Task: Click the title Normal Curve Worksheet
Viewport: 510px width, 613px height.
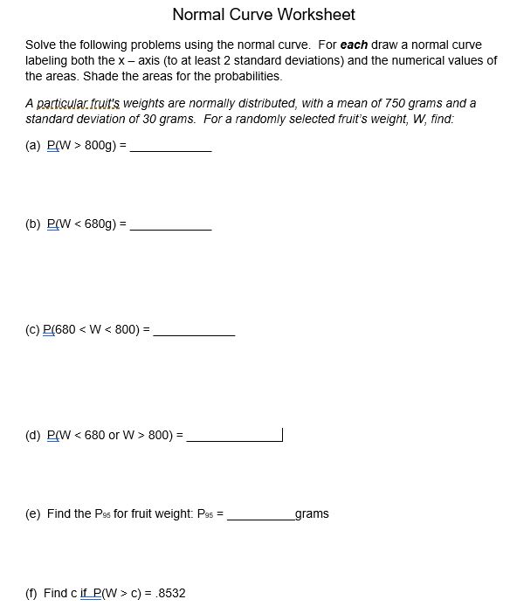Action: coord(263,14)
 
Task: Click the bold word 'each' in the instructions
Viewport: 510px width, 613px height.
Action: coord(354,45)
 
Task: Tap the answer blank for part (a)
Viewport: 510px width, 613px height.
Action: coord(170,147)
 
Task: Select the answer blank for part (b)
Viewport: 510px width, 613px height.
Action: coord(170,224)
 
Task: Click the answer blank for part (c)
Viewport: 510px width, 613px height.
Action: coord(194,331)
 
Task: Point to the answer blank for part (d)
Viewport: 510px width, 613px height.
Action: coord(233,435)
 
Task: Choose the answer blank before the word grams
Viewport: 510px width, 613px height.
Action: coord(260,514)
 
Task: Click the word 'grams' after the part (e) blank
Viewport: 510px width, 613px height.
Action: coord(312,513)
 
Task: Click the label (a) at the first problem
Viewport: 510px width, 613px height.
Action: coord(33,146)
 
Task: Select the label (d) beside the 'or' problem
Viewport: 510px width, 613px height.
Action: coord(33,434)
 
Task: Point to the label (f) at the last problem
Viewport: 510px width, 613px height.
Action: coord(32,593)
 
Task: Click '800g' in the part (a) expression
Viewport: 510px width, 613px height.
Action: coord(100,146)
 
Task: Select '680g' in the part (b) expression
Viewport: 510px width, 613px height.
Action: coord(100,224)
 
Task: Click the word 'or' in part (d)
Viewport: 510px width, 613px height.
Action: coord(114,434)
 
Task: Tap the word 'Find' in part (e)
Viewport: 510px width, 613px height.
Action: coord(59,513)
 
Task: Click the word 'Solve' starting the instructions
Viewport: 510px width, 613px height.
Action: coord(40,45)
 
